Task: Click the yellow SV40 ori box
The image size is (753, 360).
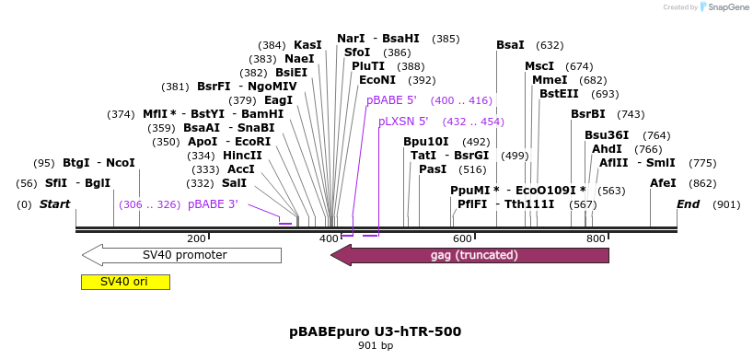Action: click(x=125, y=282)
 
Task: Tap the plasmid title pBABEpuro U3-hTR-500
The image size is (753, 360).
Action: click(x=376, y=331)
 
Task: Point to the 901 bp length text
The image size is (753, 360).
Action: click(x=376, y=346)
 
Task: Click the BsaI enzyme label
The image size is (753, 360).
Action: click(x=510, y=45)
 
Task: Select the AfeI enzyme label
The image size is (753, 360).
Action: click(x=663, y=183)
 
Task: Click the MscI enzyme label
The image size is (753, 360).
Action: click(x=539, y=66)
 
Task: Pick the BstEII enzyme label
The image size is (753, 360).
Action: click(x=560, y=94)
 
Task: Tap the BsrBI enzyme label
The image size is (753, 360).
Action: click(x=588, y=114)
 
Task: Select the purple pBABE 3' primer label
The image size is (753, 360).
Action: click(x=214, y=204)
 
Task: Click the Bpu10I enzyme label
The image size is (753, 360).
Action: click(x=426, y=142)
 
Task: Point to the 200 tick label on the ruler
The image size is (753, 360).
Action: click(x=196, y=238)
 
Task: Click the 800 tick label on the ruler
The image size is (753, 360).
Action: click(x=596, y=238)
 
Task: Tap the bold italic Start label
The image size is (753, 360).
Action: click(x=54, y=204)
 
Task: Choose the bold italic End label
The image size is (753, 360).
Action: click(x=689, y=204)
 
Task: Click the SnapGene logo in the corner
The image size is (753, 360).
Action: click(x=724, y=7)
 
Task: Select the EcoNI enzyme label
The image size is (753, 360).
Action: click(x=377, y=80)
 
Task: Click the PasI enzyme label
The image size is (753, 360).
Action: click(x=433, y=169)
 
